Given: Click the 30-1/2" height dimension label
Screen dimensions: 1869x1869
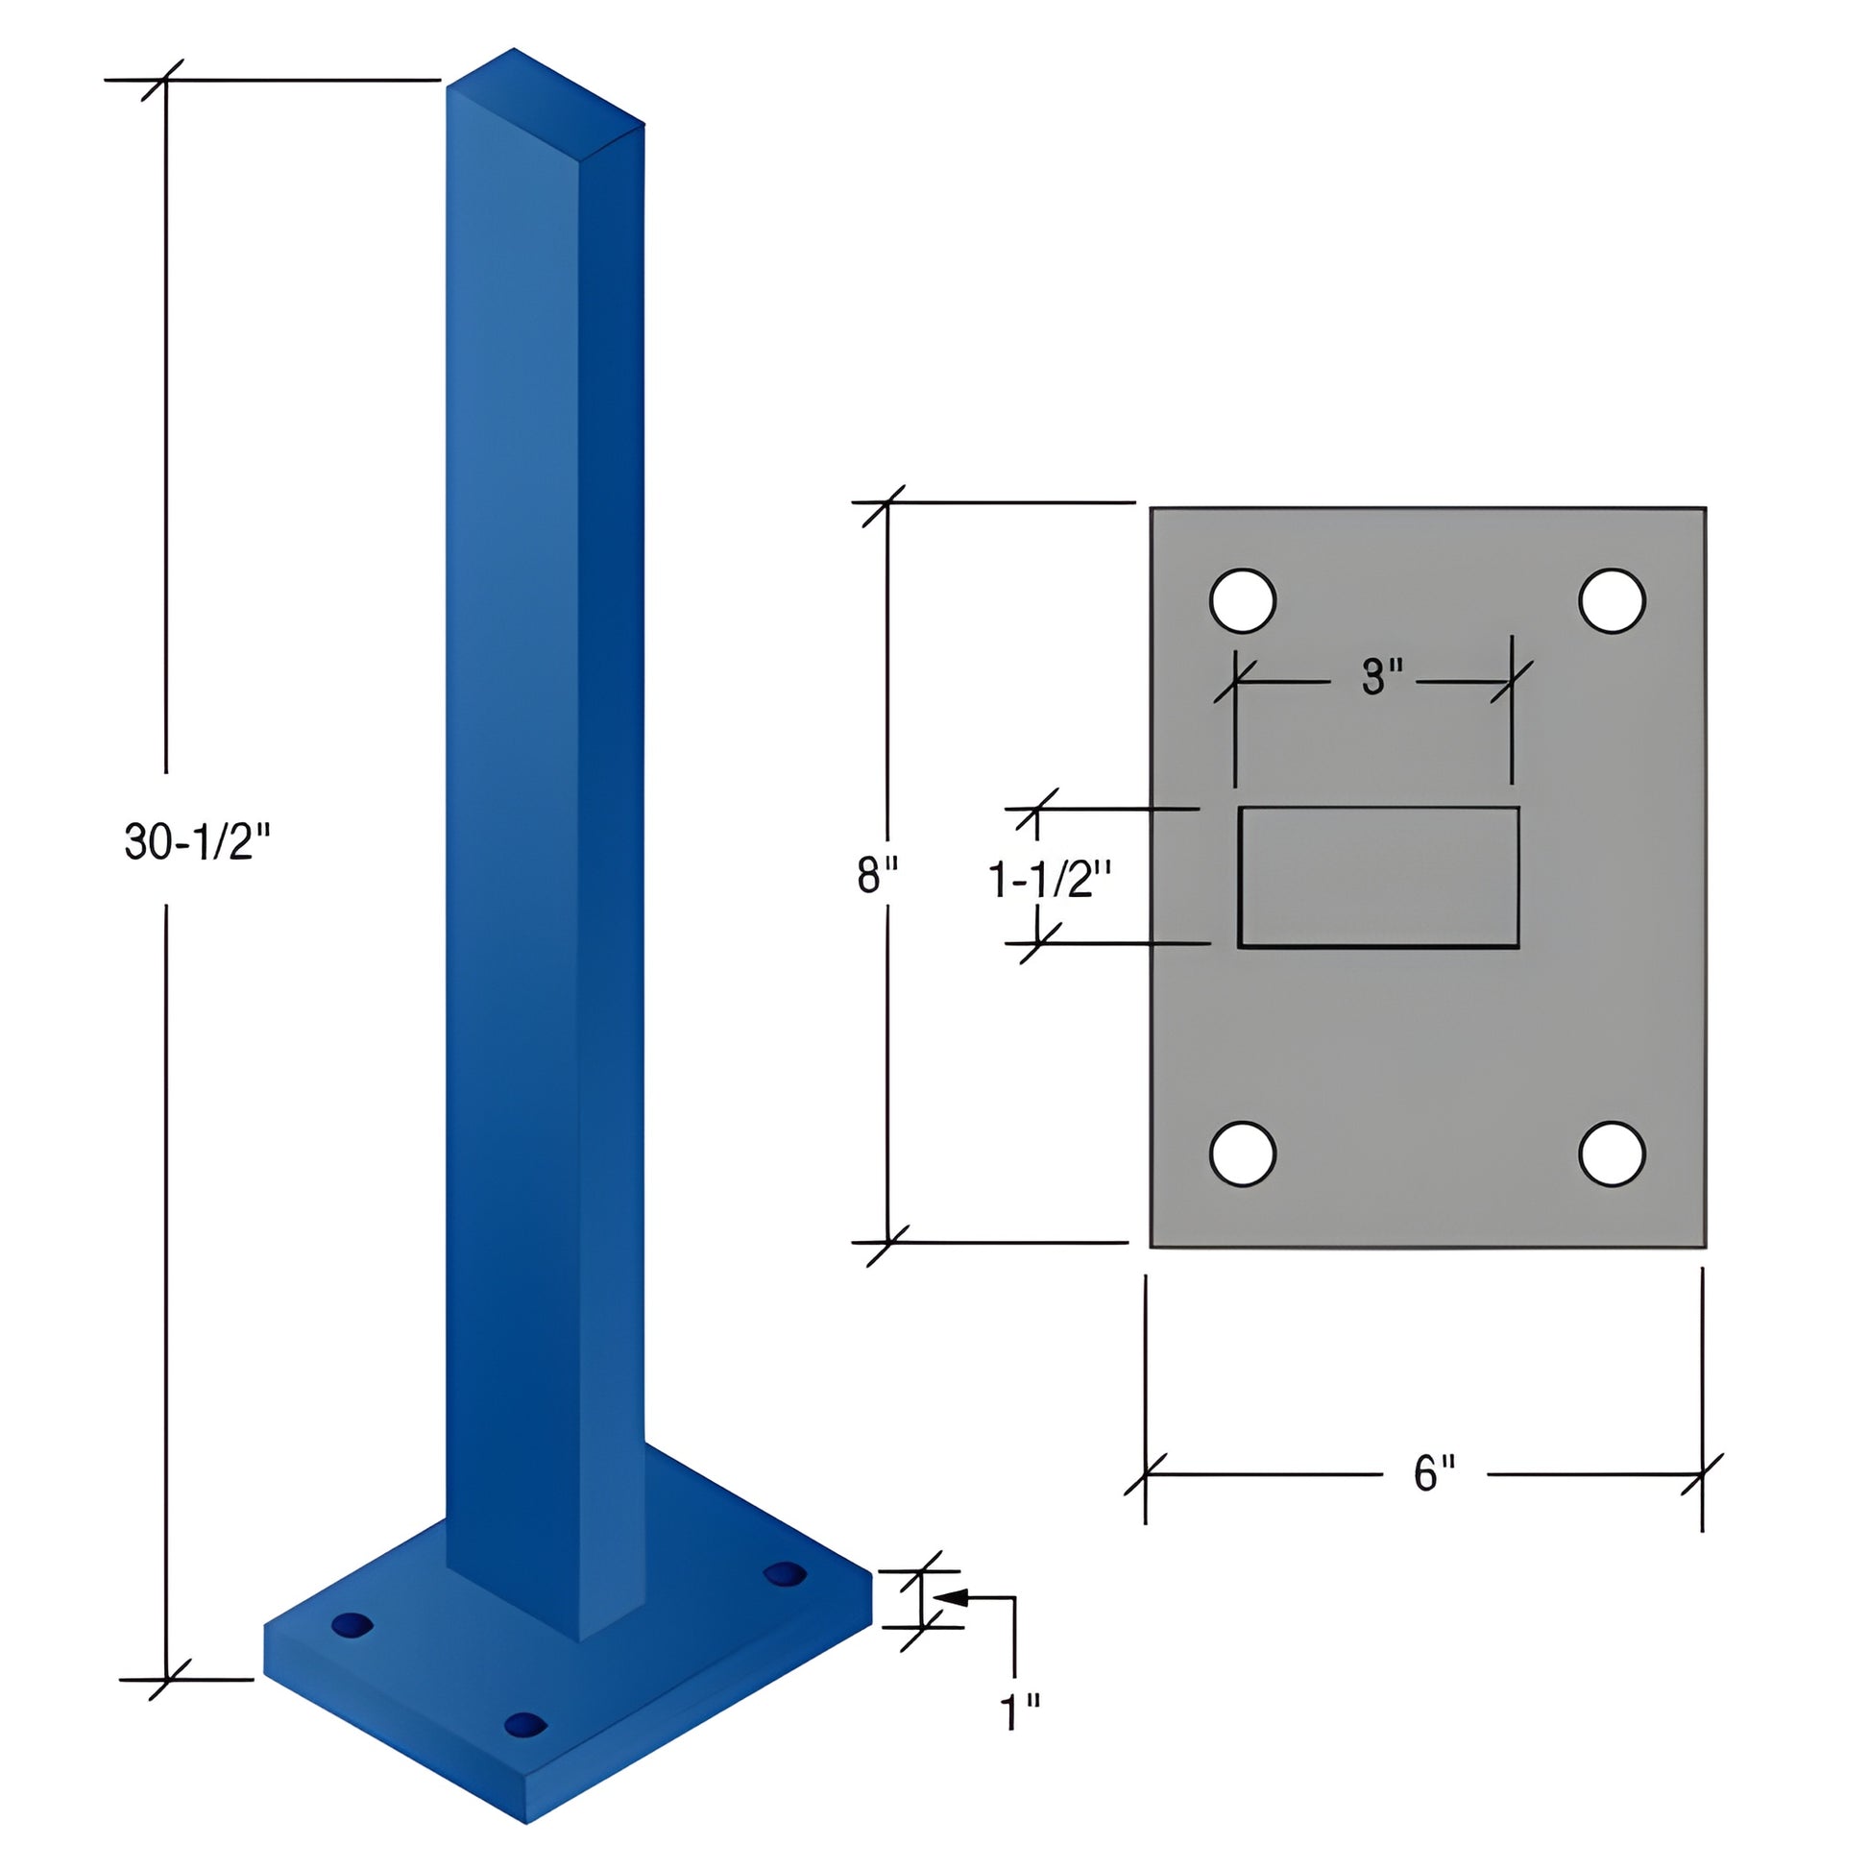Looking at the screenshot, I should tap(196, 840).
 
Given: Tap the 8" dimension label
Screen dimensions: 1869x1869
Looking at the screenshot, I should tap(877, 877).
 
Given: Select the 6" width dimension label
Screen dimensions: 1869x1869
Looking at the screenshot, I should tap(1434, 1473).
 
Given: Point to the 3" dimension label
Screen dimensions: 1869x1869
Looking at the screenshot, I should tap(1381, 676).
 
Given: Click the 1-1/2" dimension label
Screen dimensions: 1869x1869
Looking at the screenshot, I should tap(1050, 880).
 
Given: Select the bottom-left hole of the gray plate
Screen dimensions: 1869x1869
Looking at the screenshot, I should tap(1242, 1153).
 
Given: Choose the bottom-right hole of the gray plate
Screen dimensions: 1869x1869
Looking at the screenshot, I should tap(1612, 1153).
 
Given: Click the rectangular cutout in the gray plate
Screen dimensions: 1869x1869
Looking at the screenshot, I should tap(1378, 877).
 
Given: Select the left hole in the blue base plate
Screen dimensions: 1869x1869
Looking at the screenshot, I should tap(352, 1624).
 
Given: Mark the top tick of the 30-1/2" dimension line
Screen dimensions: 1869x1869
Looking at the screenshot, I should tap(165, 80).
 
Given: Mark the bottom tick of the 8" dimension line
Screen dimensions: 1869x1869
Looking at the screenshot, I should tap(888, 1242).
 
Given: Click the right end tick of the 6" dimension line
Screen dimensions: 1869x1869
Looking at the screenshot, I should tap(1702, 1474).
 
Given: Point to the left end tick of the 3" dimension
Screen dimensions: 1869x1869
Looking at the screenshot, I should tap(1235, 681).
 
